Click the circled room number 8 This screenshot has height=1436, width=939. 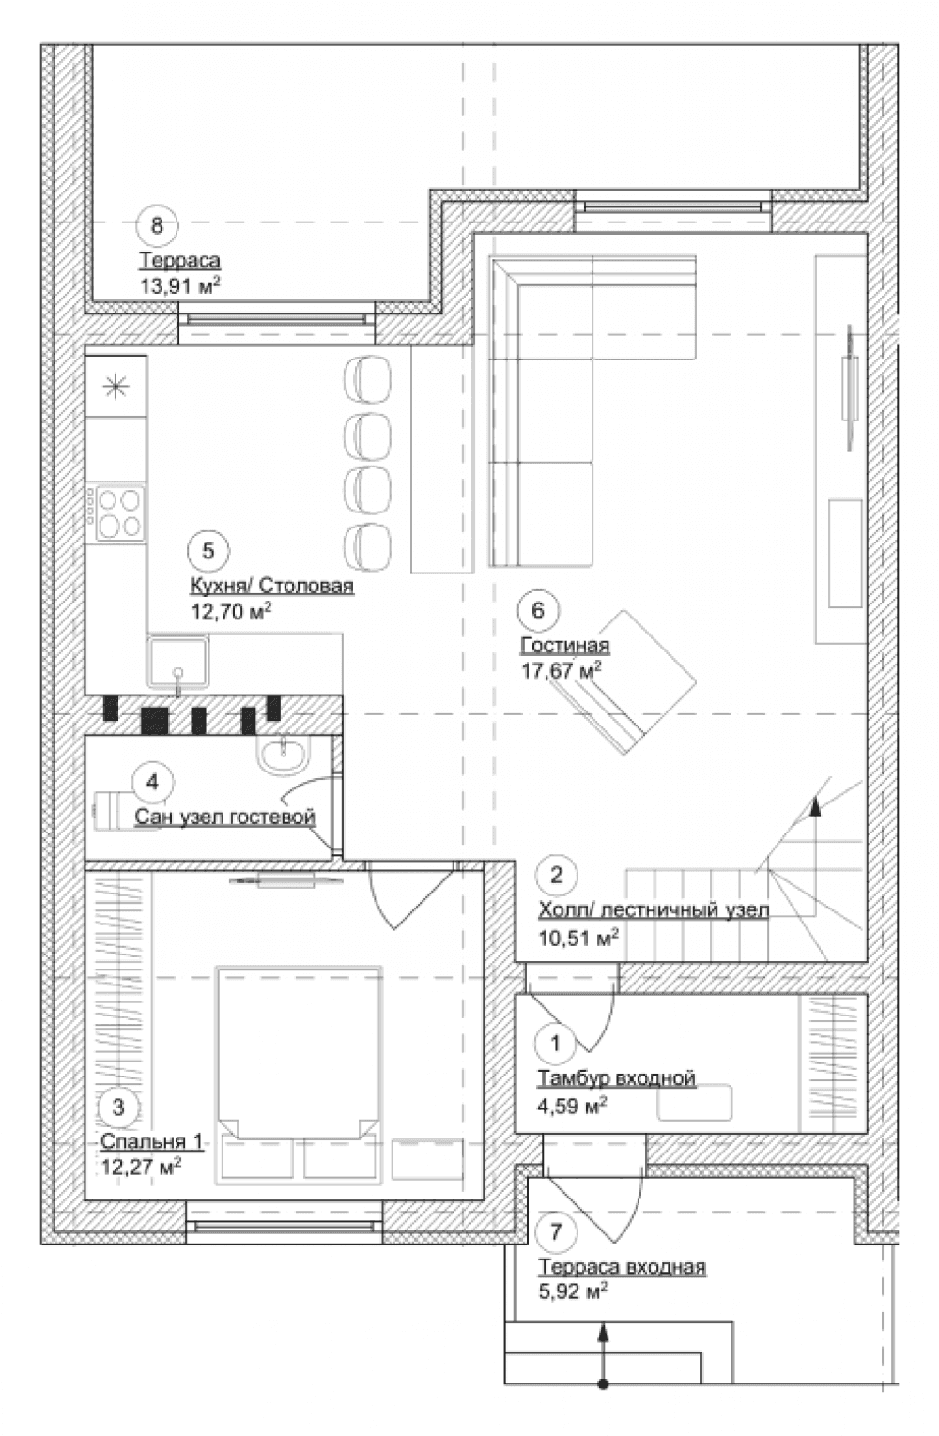click(157, 225)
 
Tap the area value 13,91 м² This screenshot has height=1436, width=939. click(179, 284)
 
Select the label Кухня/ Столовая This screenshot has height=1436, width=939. click(272, 586)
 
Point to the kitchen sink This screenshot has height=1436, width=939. click(177, 661)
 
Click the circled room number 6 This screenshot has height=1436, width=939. click(538, 610)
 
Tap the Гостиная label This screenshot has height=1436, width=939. click(565, 645)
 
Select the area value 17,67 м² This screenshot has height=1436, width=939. click(562, 670)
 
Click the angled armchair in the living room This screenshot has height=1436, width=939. click(625, 681)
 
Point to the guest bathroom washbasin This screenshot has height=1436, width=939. click(283, 756)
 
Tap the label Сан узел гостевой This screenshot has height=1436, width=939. click(225, 817)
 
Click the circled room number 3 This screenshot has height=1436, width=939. click(118, 1107)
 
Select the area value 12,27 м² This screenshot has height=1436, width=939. click(141, 1166)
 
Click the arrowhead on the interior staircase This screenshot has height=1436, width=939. click(815, 806)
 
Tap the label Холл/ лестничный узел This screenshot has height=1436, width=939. click(654, 909)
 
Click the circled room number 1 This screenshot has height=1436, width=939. click(556, 1044)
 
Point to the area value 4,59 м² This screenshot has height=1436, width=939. click(572, 1104)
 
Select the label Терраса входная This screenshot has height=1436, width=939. click(623, 1267)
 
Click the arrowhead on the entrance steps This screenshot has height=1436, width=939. click(603, 1332)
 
